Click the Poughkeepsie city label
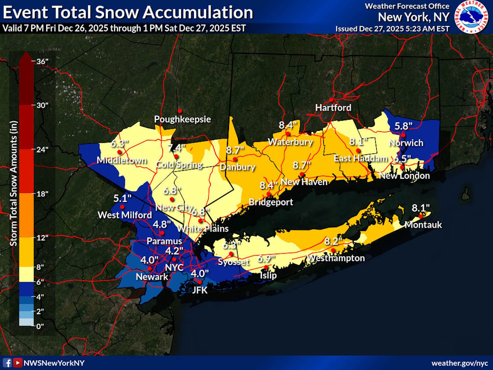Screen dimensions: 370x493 (x=182, y=119)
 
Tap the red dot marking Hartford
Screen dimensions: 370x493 (x=331, y=100)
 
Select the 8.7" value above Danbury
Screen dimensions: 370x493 (x=235, y=150)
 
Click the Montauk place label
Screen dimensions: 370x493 (x=423, y=225)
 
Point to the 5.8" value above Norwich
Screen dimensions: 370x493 (x=403, y=126)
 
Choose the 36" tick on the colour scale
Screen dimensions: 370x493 (x=42, y=62)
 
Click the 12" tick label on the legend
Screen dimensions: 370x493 (x=42, y=237)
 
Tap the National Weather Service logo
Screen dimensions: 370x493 (x=471, y=17)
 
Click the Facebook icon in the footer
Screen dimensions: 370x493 (x=7, y=363)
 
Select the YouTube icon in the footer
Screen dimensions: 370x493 (x=18, y=363)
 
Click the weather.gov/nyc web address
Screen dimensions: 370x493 (x=459, y=363)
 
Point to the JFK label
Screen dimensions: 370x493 (x=200, y=290)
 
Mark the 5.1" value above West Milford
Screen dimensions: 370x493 (x=122, y=198)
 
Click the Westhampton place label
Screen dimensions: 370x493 (x=336, y=258)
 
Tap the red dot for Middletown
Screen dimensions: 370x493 (x=120, y=152)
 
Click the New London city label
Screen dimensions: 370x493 (x=404, y=176)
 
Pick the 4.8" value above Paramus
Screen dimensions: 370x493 (x=162, y=224)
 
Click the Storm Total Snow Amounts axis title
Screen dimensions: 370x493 (x=13, y=184)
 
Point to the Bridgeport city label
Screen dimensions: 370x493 (x=270, y=202)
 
